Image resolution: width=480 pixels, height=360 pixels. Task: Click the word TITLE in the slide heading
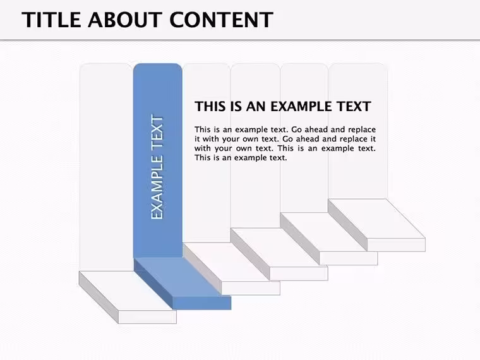pos(51,20)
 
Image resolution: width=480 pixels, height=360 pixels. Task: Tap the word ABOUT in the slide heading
pos(125,20)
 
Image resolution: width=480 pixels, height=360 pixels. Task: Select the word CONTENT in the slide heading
pos(221,20)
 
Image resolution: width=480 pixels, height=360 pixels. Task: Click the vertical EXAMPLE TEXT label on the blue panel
pos(157,167)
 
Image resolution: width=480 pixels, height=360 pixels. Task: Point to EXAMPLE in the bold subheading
pos(301,107)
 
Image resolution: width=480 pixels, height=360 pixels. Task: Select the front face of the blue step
pos(201,303)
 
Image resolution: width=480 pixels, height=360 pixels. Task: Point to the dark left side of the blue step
pos(153,284)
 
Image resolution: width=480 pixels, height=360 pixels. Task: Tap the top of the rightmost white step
pos(376,219)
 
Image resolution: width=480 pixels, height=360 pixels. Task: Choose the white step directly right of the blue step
pos(232,269)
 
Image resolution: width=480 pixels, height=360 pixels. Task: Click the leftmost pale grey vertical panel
pos(106,167)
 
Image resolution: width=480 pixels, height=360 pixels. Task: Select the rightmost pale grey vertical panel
pos(358,131)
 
